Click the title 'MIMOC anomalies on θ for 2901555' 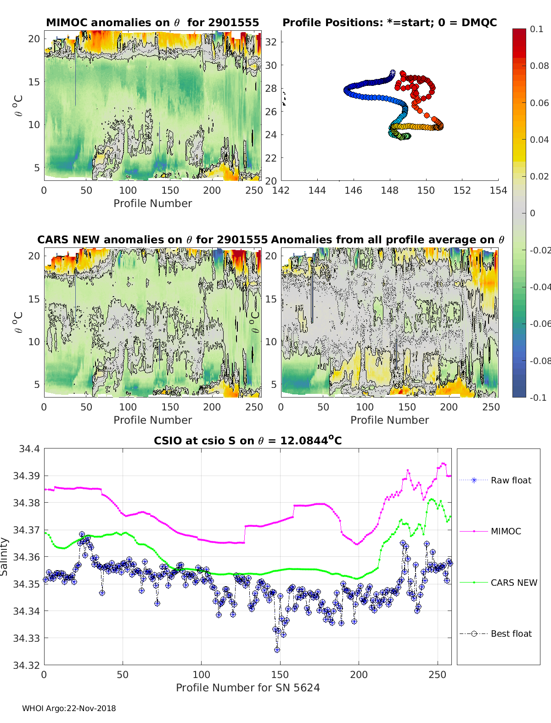tap(152, 22)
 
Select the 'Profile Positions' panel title tap(389, 22)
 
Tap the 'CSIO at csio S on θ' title tap(247, 441)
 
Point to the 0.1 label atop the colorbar tap(536, 29)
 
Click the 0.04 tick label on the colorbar tap(539, 140)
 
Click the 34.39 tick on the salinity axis tap(27, 476)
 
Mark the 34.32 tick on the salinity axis tap(27, 665)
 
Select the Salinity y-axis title tap(5, 557)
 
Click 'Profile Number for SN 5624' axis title tap(247, 688)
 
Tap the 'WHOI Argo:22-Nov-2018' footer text tap(69, 708)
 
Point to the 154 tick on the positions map tap(498, 191)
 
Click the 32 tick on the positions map tap(271, 42)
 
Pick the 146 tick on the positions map tap(353, 191)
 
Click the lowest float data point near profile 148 tap(277, 650)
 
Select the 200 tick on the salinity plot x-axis tap(359, 675)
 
